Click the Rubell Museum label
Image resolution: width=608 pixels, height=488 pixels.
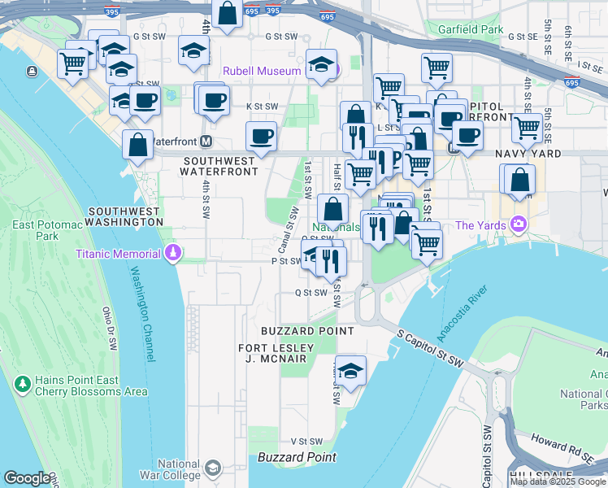263,71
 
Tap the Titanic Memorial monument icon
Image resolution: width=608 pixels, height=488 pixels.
172,254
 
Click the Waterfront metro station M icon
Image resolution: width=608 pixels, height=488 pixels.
206,142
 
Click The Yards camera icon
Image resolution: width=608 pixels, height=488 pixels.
516,225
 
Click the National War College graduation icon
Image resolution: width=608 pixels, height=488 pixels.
212,468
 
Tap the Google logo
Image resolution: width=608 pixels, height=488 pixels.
27,478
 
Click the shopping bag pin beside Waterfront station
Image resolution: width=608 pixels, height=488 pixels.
138,146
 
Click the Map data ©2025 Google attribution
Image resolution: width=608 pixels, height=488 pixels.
558,481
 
